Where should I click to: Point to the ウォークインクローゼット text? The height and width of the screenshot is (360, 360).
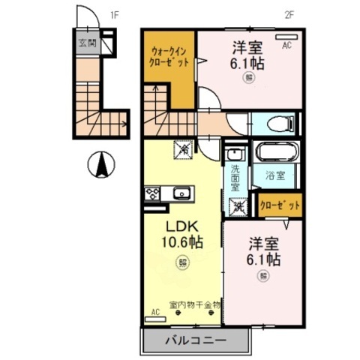169,56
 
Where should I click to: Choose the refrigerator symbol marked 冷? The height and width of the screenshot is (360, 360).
183,150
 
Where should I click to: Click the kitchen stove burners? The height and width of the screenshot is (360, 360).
152,194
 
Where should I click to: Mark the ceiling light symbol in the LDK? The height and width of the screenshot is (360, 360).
182,262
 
